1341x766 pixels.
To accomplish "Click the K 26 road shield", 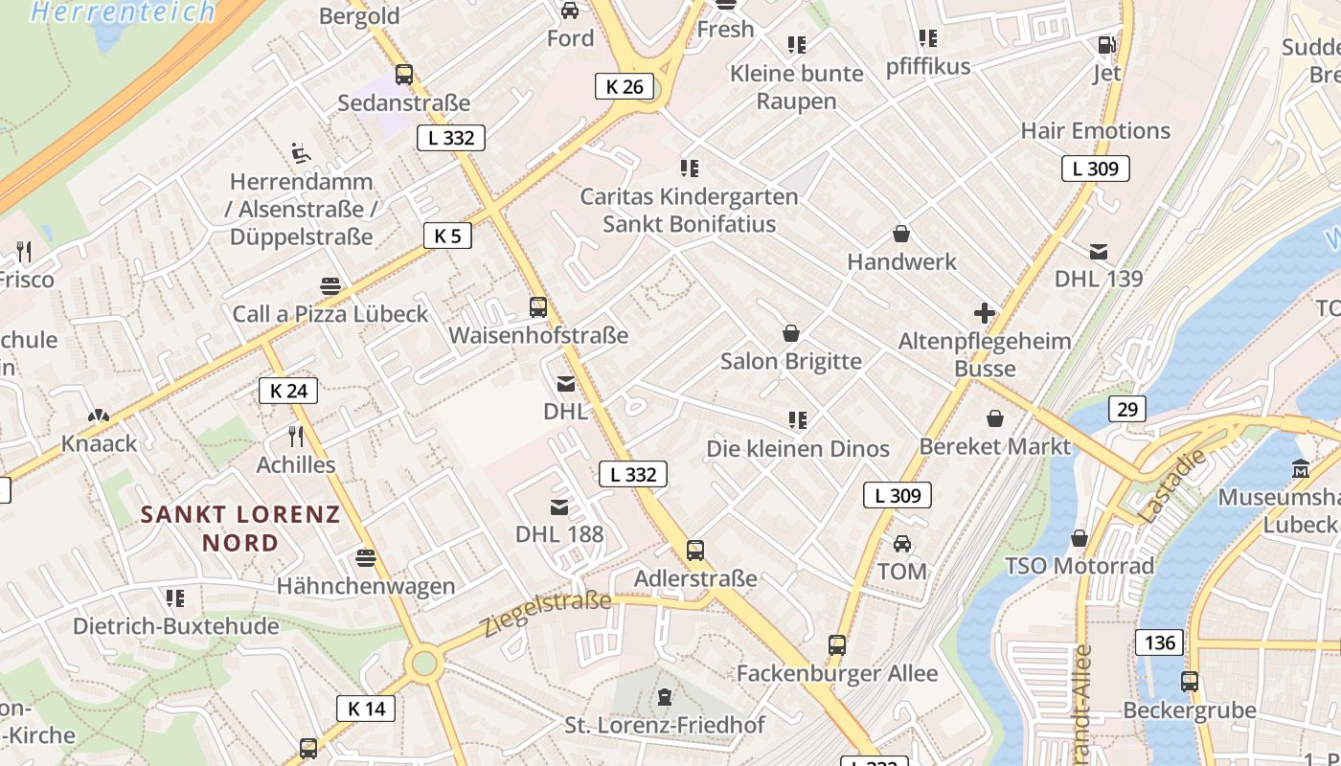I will (x=625, y=86).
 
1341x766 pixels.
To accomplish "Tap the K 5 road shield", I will (x=447, y=236).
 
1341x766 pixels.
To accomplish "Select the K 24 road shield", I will (x=288, y=390).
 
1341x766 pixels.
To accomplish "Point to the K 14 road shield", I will (x=366, y=709).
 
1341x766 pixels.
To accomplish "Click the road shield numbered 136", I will (x=1160, y=642).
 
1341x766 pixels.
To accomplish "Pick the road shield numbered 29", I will (x=1127, y=410).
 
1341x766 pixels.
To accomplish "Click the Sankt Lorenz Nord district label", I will (x=240, y=529).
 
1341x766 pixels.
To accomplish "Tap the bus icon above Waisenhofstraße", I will (x=538, y=307).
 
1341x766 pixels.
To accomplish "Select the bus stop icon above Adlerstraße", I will (x=695, y=551).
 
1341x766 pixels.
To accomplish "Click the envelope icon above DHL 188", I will (x=559, y=507).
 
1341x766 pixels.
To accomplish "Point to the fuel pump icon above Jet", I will (x=1106, y=44).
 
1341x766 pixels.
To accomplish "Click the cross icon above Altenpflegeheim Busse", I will (x=985, y=312).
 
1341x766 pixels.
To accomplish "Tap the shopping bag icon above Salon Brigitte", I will (x=791, y=333).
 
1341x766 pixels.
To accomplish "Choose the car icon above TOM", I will (x=902, y=544).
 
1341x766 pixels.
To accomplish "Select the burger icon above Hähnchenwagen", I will (x=365, y=557).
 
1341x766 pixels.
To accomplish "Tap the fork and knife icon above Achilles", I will (x=296, y=437).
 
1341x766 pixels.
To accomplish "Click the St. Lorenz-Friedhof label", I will (x=665, y=725).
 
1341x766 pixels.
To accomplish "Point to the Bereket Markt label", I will (x=994, y=446).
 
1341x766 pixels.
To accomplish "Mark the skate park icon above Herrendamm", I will (x=300, y=152).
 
